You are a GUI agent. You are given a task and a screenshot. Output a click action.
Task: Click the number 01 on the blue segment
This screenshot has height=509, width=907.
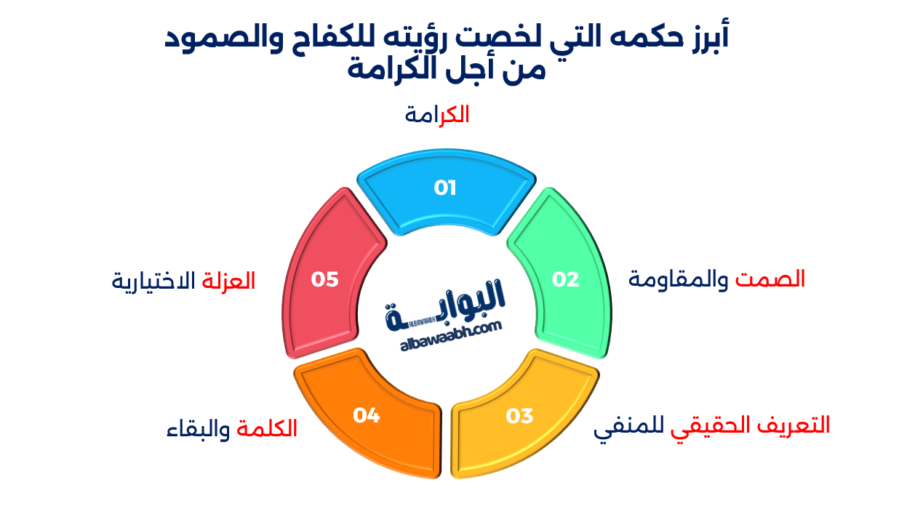pos(444,188)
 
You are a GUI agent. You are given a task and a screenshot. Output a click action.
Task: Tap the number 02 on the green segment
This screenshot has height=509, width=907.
pos(565,279)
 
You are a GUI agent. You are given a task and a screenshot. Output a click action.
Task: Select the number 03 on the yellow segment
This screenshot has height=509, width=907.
pos(519,416)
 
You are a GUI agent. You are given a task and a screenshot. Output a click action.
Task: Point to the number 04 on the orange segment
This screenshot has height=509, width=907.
pos(367,415)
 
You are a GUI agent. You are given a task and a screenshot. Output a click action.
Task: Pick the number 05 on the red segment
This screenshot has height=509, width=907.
pos(325,279)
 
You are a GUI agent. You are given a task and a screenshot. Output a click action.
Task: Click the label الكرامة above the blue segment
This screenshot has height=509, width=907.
pos(437,115)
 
